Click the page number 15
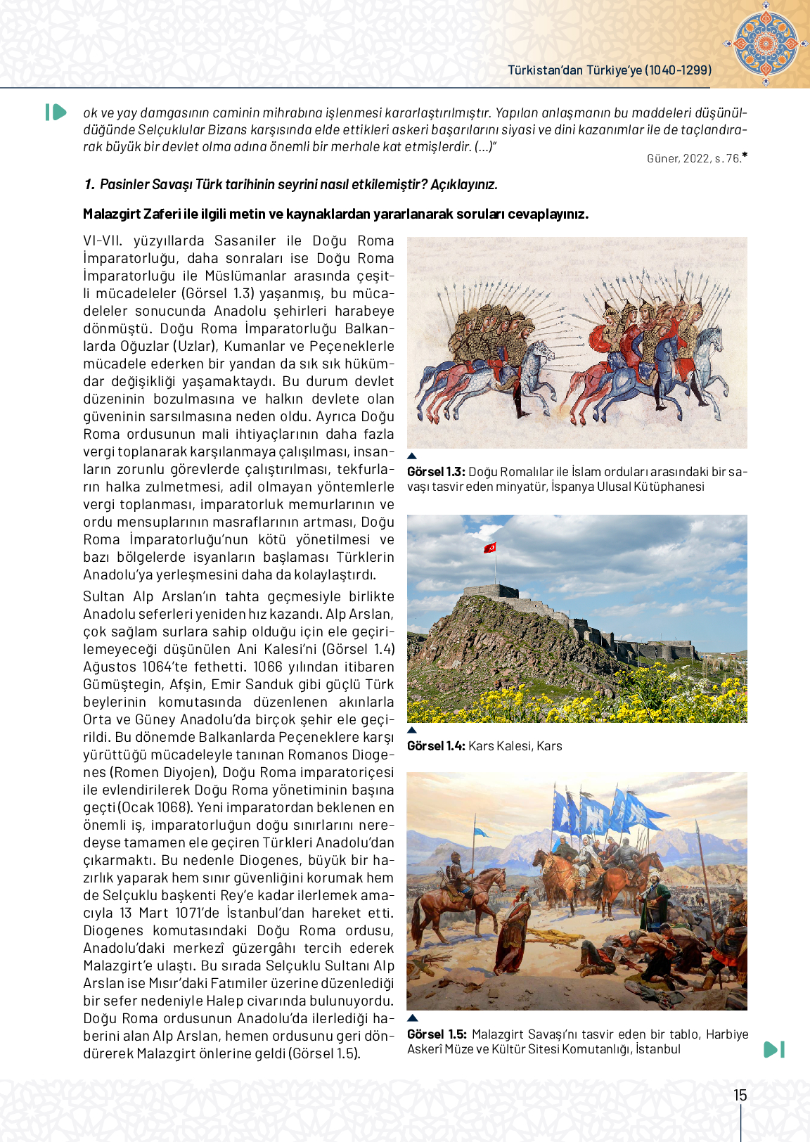pos(740,1095)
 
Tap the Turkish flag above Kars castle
pos(490,547)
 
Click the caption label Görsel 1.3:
pos(436,472)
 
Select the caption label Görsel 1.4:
pos(436,746)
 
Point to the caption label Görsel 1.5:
pos(437,1034)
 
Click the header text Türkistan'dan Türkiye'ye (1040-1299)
pos(610,70)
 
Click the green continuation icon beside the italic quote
pos(56,113)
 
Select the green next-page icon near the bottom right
pos(773,1049)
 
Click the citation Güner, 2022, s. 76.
pos(694,159)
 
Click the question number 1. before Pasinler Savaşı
pos(89,185)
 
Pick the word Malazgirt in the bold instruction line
pos(112,214)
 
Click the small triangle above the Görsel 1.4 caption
pos(412,730)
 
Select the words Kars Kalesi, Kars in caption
pos(515,746)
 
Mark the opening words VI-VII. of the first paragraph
pos(103,241)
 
